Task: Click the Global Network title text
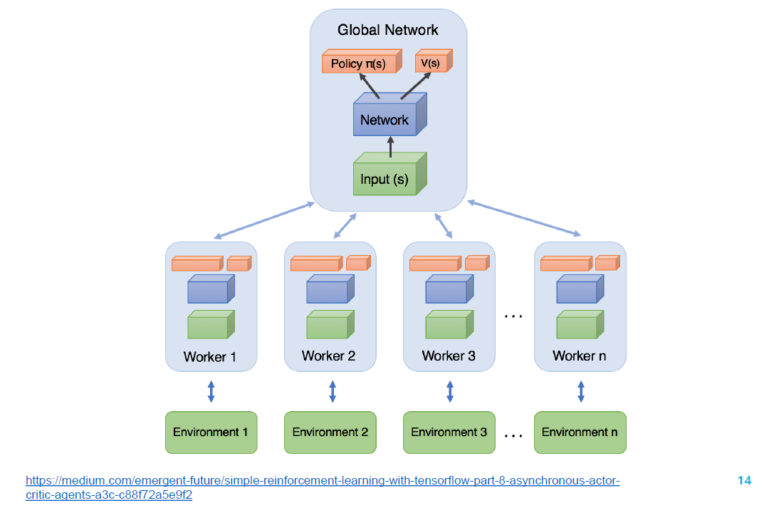[388, 30]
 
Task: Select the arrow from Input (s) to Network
[390, 147]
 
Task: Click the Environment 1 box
[211, 432]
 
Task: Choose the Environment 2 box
[330, 432]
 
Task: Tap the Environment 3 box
[449, 432]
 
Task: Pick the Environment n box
[580, 432]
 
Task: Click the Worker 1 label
[210, 356]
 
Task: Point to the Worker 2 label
[328, 356]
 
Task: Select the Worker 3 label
[449, 356]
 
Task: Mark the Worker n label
[579, 356]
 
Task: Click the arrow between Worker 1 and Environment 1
[211, 391]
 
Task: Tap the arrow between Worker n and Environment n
[581, 391]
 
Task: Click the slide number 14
[744, 480]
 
